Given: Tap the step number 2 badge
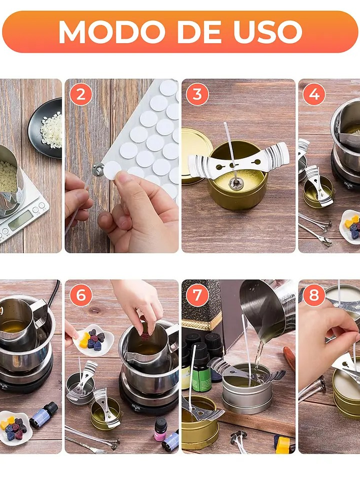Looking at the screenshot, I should [x=81, y=94].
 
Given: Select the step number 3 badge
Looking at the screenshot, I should [x=197, y=94].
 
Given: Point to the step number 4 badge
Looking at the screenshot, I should [x=314, y=94].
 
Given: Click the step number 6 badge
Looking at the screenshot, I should [x=81, y=295].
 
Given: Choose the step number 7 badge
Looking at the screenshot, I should [x=197, y=295].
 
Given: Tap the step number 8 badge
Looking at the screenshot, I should [x=314, y=295].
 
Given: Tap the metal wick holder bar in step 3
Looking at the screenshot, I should [x=238, y=161].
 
